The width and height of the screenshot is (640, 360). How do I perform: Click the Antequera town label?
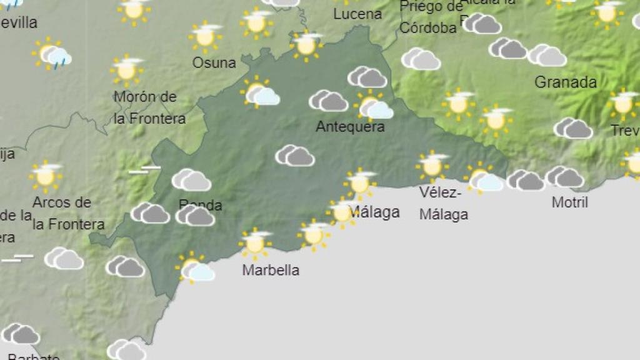(x=350, y=127)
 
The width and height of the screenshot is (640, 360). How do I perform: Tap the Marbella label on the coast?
(x=271, y=271)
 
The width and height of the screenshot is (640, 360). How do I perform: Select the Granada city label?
(x=566, y=82)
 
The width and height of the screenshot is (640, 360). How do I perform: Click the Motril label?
(x=570, y=202)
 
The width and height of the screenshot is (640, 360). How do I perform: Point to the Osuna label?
(x=214, y=63)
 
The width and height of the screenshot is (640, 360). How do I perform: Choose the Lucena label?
(x=357, y=14)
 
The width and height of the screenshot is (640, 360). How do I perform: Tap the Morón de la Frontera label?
(x=149, y=107)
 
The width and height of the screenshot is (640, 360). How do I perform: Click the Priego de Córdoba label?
(x=430, y=17)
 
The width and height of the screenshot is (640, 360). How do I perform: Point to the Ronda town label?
(x=200, y=205)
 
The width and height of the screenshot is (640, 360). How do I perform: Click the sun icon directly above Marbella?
(x=255, y=243)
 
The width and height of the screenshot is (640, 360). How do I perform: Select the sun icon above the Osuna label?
(x=206, y=36)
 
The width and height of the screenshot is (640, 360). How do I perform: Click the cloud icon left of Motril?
(x=526, y=181)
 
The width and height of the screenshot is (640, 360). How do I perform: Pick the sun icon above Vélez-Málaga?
(x=432, y=166)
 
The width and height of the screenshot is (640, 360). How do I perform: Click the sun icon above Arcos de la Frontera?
(x=46, y=176)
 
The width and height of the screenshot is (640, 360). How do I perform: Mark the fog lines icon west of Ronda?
(x=144, y=170)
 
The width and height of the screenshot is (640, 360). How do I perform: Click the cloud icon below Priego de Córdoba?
(x=421, y=59)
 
